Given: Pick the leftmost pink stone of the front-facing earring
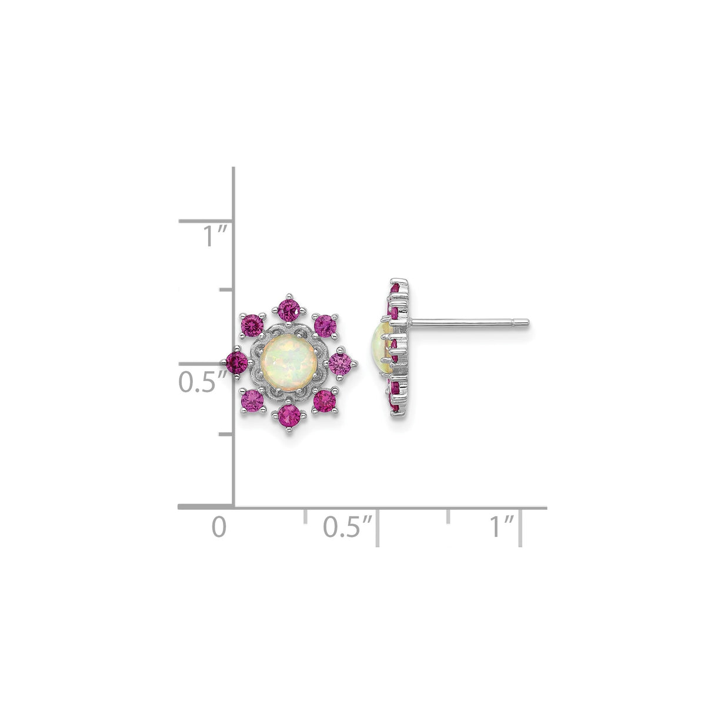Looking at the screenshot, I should [237, 360].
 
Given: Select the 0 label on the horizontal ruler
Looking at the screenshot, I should [219, 526].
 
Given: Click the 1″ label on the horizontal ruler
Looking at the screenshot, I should [502, 526].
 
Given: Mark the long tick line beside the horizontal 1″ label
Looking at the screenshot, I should [522, 528].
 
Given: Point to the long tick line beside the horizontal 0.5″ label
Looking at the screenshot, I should [378, 528].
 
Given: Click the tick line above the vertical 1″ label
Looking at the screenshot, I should [206, 222].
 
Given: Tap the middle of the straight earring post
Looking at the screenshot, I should [468, 322].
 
